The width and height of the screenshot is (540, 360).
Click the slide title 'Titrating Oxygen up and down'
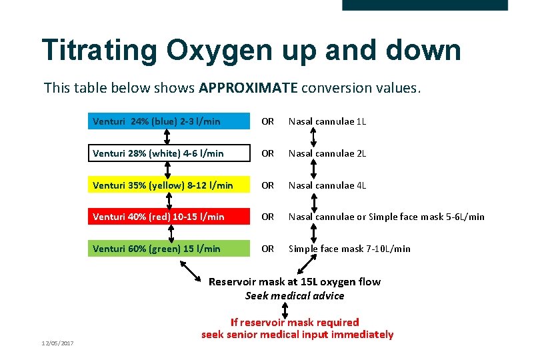251,50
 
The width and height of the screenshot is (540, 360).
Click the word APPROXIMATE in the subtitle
251,88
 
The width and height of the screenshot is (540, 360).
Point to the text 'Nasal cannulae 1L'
327,121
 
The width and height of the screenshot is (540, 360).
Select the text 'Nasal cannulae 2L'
327,153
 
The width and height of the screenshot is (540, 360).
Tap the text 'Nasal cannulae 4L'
327,185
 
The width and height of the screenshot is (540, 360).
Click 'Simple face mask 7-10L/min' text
349,249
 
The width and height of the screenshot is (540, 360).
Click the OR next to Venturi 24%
267,121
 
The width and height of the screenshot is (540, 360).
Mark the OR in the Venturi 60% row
267,249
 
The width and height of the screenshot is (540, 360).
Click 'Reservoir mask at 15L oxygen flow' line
295,281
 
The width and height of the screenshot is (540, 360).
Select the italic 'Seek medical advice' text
295,295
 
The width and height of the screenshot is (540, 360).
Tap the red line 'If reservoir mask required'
295,322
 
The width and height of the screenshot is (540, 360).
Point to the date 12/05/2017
57,343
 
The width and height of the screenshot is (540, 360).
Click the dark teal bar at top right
425,5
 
